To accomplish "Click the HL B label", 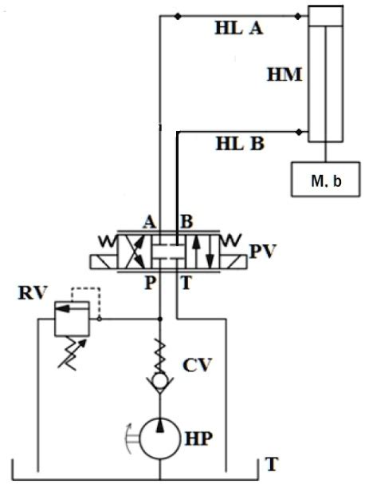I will coord(238,145).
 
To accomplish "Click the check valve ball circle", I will coord(160,382).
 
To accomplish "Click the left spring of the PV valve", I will coord(103,237).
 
